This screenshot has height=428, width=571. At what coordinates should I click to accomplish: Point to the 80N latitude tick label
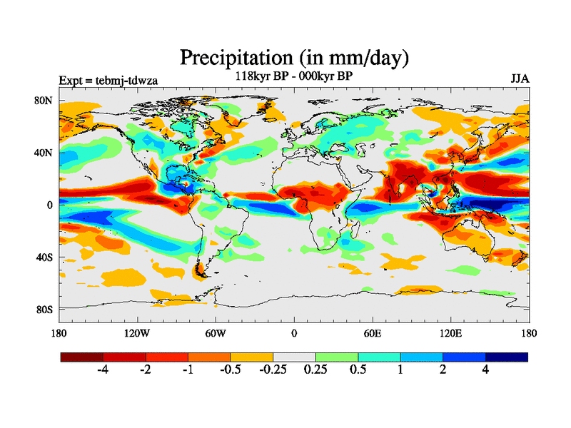click(x=44, y=101)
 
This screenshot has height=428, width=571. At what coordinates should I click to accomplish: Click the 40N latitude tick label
click(x=44, y=153)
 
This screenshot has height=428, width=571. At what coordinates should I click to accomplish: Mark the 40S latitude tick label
click(x=44, y=257)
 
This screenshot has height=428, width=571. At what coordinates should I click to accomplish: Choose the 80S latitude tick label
click(x=44, y=309)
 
